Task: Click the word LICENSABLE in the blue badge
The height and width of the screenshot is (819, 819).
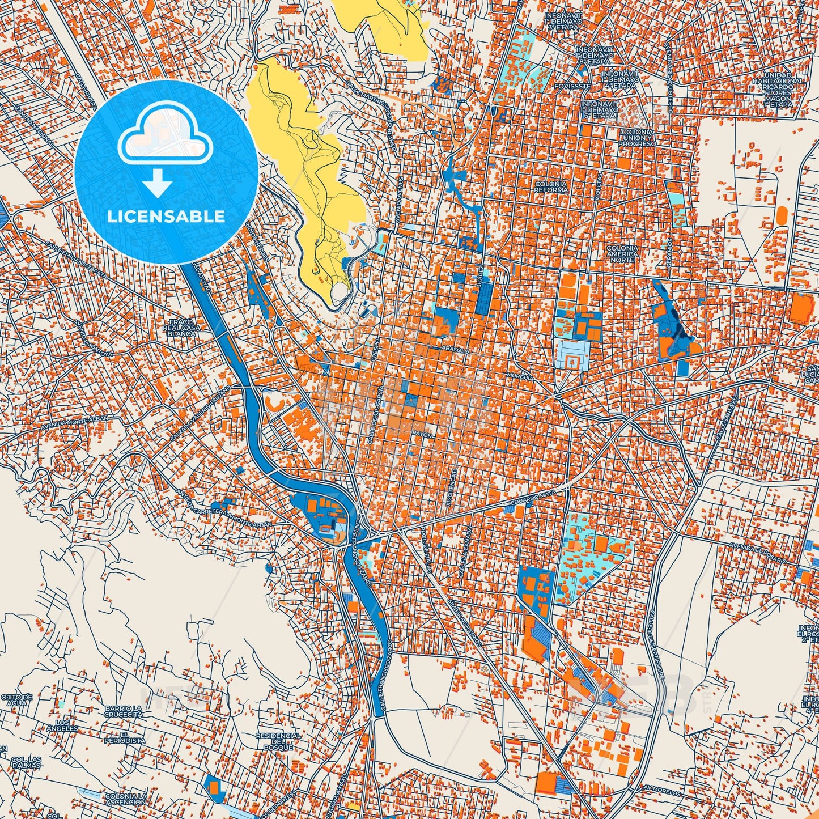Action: click(166, 217)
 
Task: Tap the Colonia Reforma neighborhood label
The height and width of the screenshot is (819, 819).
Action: click(550, 188)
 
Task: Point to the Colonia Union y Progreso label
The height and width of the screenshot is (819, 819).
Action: click(637, 138)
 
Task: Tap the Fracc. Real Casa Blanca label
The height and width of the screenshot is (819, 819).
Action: click(182, 328)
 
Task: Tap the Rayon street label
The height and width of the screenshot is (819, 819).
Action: click(422, 435)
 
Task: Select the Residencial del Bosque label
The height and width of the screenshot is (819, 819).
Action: click(278, 741)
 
